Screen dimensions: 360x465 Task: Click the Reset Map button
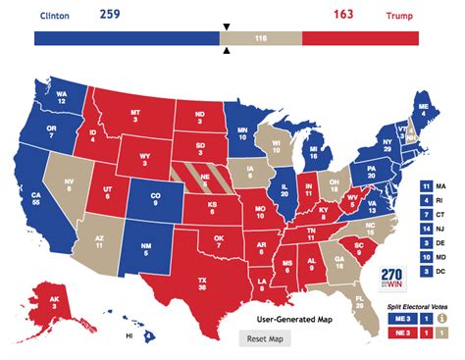click(x=264, y=338)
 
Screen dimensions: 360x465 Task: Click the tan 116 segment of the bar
click(x=260, y=38)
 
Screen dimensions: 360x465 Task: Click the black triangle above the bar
click(x=227, y=26)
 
